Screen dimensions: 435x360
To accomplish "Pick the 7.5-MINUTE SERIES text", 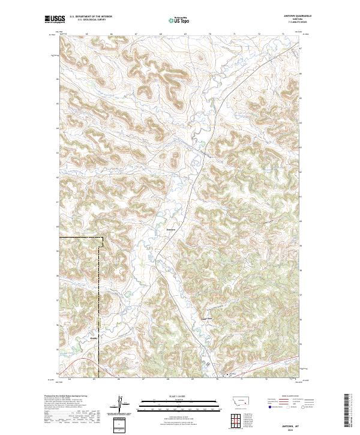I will [293, 23].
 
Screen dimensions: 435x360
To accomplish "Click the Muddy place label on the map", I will [93, 338].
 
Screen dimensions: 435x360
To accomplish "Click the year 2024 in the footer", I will [292, 429].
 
